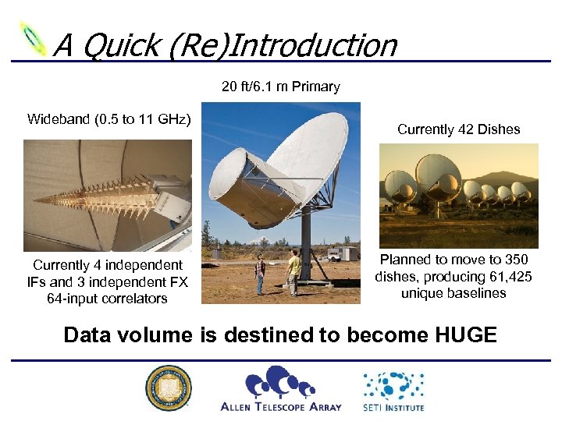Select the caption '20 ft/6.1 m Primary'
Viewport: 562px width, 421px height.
(x=280, y=87)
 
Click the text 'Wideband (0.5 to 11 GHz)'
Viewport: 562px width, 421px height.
(x=108, y=119)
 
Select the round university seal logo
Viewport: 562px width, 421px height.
(x=168, y=387)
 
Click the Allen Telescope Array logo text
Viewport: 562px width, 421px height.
(x=281, y=406)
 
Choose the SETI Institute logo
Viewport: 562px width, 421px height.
(x=393, y=390)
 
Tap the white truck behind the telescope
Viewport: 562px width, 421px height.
(x=342, y=254)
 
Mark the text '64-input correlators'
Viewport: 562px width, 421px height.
(x=107, y=299)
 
